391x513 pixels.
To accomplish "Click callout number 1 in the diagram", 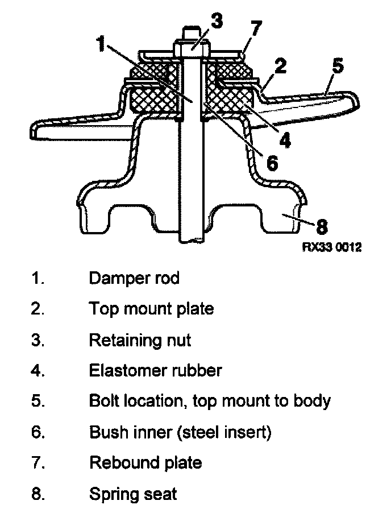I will [102, 44].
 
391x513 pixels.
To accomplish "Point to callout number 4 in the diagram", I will [284, 139].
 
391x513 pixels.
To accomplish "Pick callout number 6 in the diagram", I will [272, 163].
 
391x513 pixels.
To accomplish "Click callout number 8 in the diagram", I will [321, 226].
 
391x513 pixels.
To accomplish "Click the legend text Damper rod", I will [134, 278].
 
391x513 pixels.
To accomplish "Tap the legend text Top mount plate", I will [151, 309].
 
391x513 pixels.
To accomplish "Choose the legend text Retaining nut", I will [140, 340].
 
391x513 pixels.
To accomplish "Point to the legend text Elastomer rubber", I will [155, 370].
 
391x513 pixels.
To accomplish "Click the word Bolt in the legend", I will [102, 401].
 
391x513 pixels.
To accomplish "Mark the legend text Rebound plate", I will [145, 462].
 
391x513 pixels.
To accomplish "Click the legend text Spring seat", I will [133, 493].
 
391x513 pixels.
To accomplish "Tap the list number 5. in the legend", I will [38, 401].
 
